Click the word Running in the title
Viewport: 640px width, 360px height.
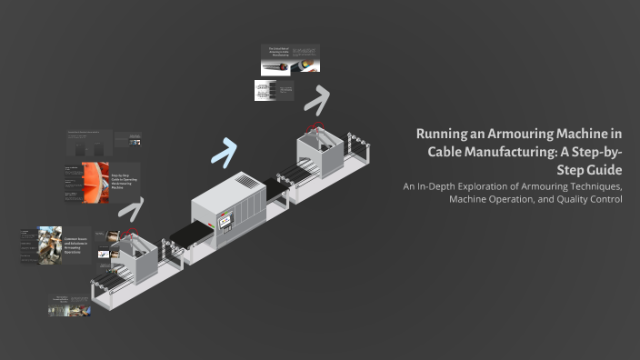tap(442, 134)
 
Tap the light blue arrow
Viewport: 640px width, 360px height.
tap(225, 150)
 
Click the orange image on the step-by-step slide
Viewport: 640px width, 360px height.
tap(95, 182)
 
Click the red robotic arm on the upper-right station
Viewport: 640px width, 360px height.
tap(315, 124)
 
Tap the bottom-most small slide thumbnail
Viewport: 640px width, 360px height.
tap(70, 305)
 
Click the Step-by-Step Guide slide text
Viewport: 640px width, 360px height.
tap(123, 180)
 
